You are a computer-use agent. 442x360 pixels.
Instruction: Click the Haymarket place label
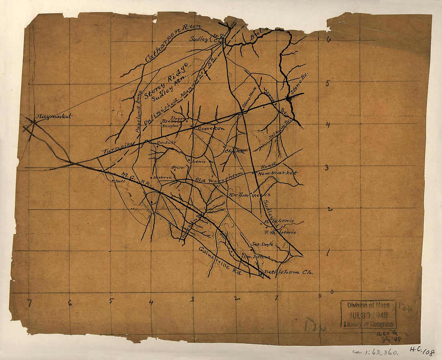[x=54, y=117]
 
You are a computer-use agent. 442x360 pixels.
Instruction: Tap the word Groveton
[x=210, y=128]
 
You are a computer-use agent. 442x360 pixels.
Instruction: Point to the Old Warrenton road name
[x=219, y=177]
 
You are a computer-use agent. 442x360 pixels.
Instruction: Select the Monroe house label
[x=162, y=177]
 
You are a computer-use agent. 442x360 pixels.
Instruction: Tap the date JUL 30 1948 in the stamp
[x=368, y=315]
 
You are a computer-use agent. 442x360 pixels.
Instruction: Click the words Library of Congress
[x=368, y=324]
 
